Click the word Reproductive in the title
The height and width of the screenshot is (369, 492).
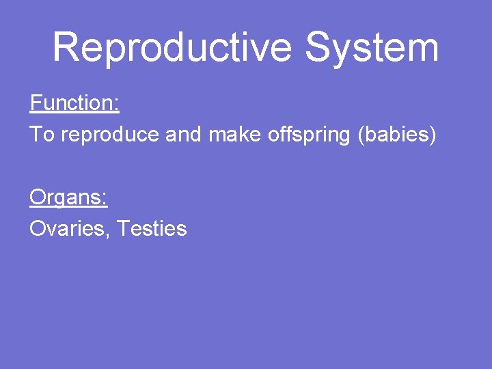(174, 48)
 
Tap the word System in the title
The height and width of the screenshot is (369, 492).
(372, 48)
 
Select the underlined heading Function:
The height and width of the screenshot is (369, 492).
(74, 104)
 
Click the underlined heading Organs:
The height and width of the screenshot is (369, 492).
(68, 197)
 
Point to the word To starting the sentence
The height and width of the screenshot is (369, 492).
(42, 135)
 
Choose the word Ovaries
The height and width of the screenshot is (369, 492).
(68, 229)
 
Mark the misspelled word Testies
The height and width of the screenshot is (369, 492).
(152, 228)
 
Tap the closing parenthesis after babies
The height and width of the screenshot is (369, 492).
(432, 135)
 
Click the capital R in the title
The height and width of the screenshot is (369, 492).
(66, 48)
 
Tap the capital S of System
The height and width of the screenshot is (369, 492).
(318, 48)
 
